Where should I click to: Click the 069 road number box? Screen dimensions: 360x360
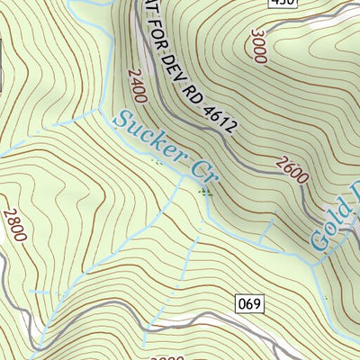click(250, 303)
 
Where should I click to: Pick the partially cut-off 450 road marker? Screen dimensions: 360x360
click(283, 4)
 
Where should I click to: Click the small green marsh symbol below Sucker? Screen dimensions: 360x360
click(159, 163)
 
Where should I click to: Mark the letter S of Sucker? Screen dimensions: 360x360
click(121, 117)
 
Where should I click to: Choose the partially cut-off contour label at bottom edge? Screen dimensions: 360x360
click(162, 356)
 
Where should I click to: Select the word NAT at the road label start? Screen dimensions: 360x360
click(144, 16)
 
